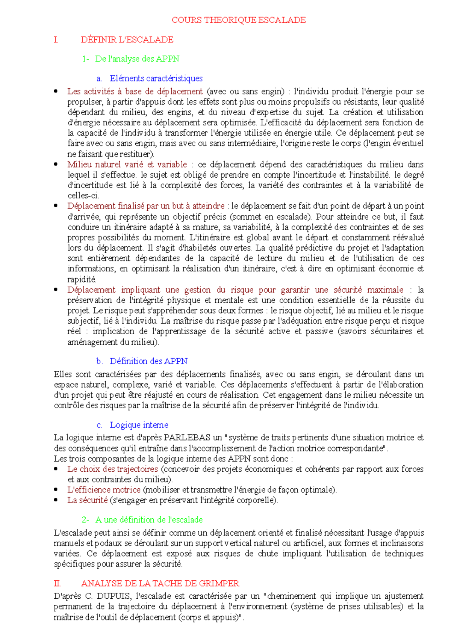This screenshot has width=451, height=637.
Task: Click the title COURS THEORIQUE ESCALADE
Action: (x=239, y=20)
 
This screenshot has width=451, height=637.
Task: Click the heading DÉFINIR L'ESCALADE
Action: (x=127, y=39)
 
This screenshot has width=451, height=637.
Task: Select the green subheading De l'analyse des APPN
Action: (x=137, y=59)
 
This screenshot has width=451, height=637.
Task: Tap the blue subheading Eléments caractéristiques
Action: (x=156, y=78)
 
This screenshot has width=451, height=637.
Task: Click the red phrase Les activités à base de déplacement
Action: (x=135, y=91)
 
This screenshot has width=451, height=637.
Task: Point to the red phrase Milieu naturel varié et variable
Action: (x=127, y=165)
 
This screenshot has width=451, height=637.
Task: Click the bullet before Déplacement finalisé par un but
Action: (x=56, y=205)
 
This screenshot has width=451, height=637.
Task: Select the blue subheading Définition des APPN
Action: (x=148, y=361)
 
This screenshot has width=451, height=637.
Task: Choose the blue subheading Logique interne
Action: (x=139, y=425)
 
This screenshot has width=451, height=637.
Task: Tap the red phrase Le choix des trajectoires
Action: (x=113, y=469)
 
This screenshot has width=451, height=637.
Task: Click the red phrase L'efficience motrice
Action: (x=104, y=490)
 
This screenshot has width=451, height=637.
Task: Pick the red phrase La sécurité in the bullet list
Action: (x=88, y=500)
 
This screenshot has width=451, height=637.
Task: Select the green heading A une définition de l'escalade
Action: (x=149, y=520)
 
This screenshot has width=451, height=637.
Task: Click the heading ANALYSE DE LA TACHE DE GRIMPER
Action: (x=160, y=583)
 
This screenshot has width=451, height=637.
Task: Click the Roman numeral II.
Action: (x=58, y=583)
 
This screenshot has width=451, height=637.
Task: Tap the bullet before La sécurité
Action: (x=56, y=500)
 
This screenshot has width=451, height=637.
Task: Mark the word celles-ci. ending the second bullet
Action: (x=83, y=195)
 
